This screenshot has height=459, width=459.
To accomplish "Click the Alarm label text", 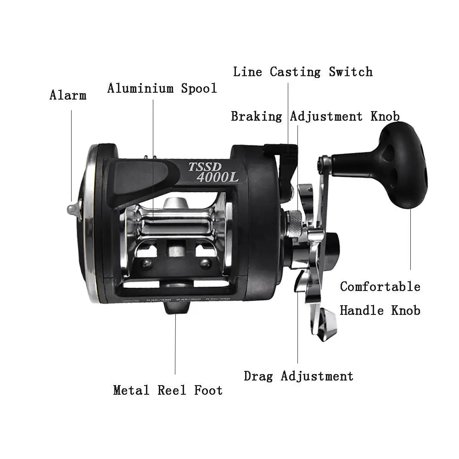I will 68,95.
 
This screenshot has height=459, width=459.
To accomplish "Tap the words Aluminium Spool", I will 162,88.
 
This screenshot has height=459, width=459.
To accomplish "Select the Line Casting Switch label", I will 302,72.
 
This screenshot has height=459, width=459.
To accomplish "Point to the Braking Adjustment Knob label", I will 315,116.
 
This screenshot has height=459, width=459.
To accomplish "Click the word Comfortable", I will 380,287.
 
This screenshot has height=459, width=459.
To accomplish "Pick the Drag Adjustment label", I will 298,376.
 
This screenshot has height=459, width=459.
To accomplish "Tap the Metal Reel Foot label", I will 168,390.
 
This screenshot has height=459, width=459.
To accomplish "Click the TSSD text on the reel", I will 205,166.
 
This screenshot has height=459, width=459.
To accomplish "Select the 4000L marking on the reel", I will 214,177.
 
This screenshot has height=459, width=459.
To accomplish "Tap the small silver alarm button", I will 73,209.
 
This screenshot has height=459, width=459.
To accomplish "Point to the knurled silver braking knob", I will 293,224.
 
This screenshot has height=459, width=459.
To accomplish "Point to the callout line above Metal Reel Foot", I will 175,344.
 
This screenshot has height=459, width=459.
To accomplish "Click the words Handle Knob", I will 380,311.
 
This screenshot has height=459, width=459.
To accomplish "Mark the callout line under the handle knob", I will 410,239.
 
